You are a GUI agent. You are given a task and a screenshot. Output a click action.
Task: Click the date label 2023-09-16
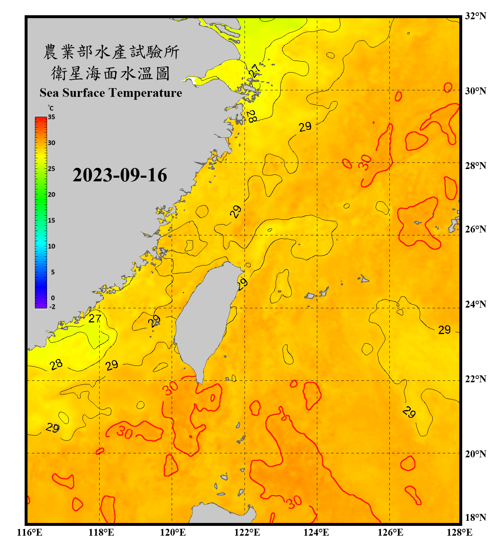pos(120,175)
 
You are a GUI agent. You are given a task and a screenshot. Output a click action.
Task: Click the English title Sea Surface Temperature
pos(111,93)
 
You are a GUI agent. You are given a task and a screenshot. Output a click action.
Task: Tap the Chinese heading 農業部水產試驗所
pos(111,52)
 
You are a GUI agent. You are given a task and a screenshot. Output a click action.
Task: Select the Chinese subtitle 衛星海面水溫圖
pos(110,74)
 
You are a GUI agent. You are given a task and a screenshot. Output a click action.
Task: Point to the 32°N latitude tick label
pos(475,16)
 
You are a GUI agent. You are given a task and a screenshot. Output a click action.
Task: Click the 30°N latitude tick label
pos(475,91)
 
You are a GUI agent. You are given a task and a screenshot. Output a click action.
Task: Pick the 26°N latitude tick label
pos(475,229)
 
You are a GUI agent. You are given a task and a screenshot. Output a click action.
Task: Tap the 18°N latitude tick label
pos(475,518)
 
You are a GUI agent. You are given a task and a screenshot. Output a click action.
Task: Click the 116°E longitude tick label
pos(30,532)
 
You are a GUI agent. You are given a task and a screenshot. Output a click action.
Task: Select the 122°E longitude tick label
pos(247,532)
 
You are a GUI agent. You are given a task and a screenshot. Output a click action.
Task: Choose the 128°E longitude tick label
pos(459,532)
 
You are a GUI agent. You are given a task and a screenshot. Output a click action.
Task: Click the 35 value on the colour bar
pos(51,117)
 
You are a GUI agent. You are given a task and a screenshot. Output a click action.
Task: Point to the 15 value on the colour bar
pos(51,221)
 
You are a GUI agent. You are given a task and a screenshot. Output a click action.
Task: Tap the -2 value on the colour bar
pos(52,307)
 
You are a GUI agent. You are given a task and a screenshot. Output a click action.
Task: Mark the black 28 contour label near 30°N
pos(251,116)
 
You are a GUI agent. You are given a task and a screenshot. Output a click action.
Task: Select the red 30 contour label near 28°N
pos(365,162)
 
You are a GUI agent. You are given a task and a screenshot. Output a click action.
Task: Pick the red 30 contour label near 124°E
pos(294,502)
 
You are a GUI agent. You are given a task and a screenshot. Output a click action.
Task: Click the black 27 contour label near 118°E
pos(95,318)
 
